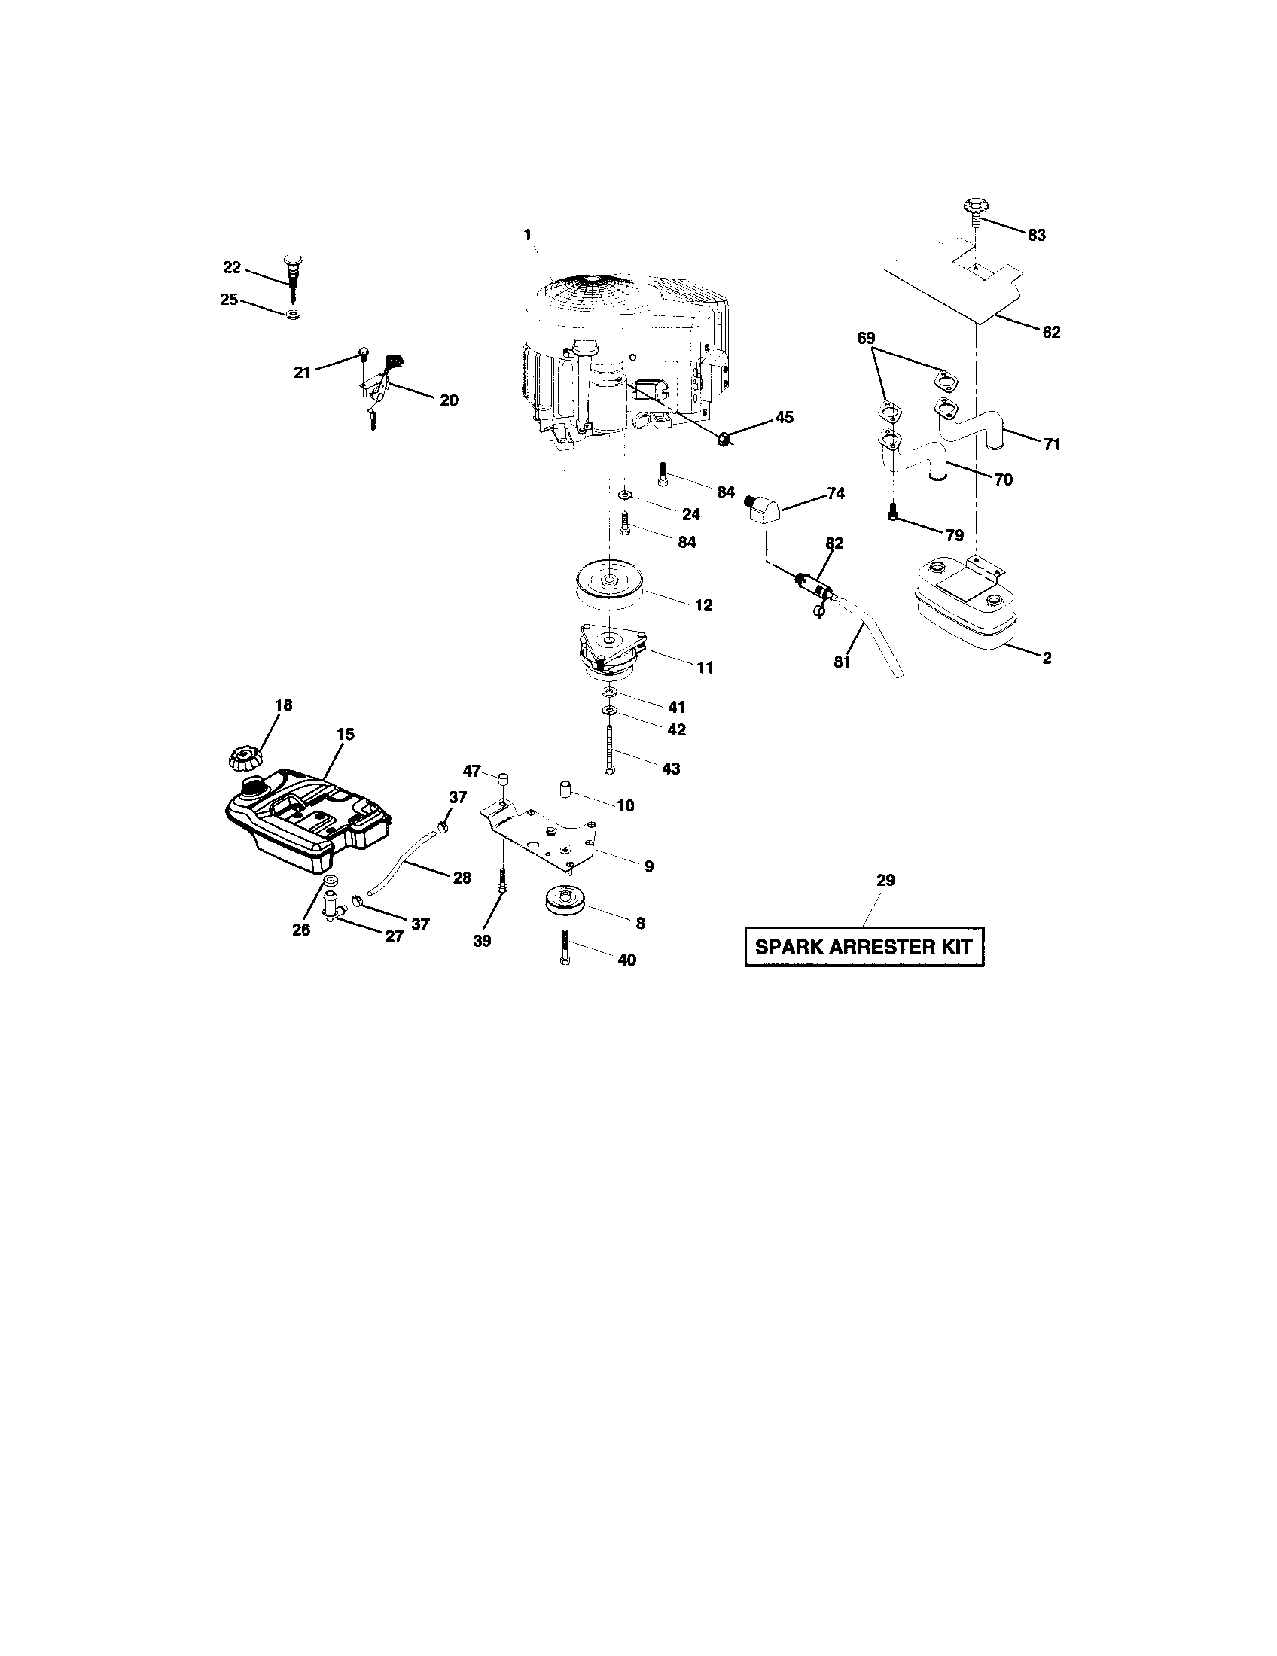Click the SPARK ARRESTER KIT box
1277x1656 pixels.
pos(864,947)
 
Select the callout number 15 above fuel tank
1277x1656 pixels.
pos(346,734)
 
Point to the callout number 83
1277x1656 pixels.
pos(1036,235)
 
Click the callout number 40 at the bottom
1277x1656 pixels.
pos(626,960)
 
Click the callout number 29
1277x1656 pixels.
pos(885,881)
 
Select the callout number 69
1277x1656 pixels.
pos(866,338)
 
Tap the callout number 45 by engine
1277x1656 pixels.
pos(784,417)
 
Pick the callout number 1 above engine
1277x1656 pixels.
pos(527,235)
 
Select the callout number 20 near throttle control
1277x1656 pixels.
pos(449,400)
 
